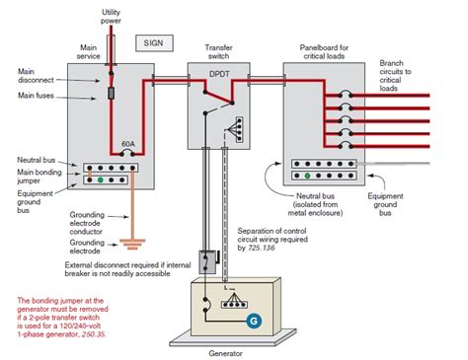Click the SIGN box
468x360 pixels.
tap(154, 43)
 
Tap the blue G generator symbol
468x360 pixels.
tap(254, 321)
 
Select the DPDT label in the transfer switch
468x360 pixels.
tap(219, 74)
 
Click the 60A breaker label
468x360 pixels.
tap(128, 144)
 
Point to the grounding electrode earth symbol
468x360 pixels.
tap(132, 245)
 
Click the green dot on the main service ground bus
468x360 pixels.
tap(101, 180)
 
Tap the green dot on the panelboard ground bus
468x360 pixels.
tap(307, 176)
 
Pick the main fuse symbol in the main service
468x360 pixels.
tap(112, 94)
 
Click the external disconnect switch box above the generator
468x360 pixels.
tap(207, 262)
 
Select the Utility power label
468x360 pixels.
tap(111, 17)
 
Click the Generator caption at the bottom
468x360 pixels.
tap(225, 354)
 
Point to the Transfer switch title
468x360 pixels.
tap(218, 52)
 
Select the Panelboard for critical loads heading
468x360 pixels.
tap(324, 52)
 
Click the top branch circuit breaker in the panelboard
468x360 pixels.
tap(346, 95)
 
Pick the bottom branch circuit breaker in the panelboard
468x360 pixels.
tap(346, 146)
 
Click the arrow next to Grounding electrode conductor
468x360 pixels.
tap(118, 217)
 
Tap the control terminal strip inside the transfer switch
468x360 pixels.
tap(240, 129)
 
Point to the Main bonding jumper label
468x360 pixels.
tap(39, 177)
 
